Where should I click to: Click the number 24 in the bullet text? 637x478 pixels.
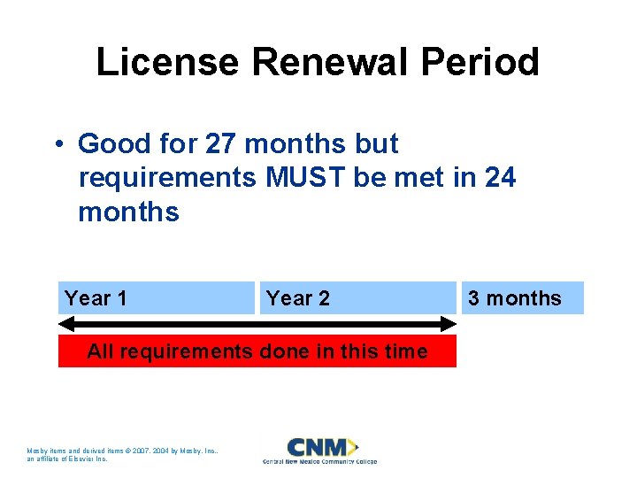[500, 178]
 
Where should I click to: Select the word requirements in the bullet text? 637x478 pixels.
[167, 178]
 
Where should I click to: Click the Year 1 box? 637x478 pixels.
[157, 298]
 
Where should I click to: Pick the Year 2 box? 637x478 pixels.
[357, 298]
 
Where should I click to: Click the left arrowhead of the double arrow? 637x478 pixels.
[65, 324]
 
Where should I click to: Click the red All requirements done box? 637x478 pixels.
[257, 351]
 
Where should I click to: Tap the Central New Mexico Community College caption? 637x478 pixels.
[319, 461]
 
